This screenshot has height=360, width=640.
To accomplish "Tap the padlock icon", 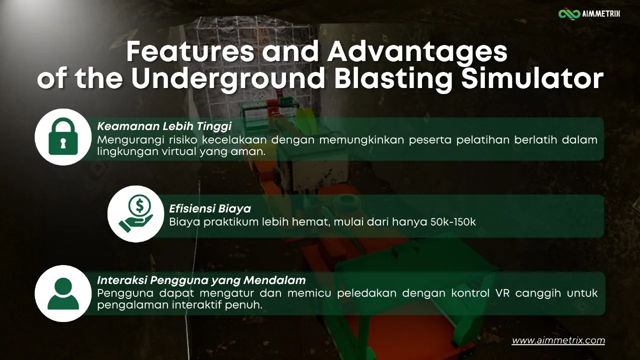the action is pyautogui.click(x=63, y=136).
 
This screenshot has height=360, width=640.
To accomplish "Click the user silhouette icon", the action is pyautogui.click(x=63, y=293).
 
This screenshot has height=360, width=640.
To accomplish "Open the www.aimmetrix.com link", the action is pyautogui.click(x=558, y=340).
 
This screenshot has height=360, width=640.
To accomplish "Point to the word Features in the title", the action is pyautogui.click(x=190, y=51).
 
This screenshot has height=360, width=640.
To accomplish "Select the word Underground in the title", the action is pyautogui.click(x=227, y=79).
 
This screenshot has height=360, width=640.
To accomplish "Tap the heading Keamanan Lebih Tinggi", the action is pyautogui.click(x=164, y=126).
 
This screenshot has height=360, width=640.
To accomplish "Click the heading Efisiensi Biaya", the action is pyautogui.click(x=210, y=208).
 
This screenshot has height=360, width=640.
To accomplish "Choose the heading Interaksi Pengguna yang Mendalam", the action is pyautogui.click(x=201, y=280).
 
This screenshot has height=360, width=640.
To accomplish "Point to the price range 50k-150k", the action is pyautogui.click(x=453, y=221).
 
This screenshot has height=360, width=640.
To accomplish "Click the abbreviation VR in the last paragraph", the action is pyautogui.click(x=502, y=293).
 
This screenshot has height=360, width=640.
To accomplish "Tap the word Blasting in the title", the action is pyautogui.click(x=393, y=79).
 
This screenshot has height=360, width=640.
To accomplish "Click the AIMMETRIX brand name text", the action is pyautogui.click(x=601, y=14).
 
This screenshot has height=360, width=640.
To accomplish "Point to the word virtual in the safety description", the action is pyautogui.click(x=179, y=151).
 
